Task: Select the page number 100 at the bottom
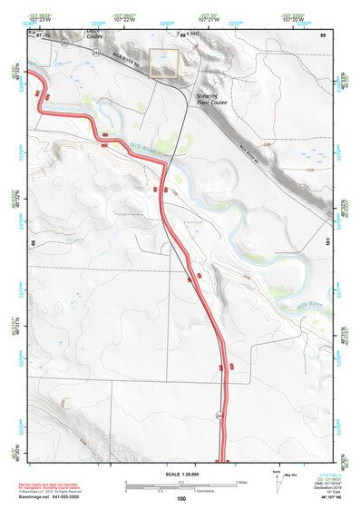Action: (x=181, y=498)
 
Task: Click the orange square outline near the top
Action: (x=162, y=62)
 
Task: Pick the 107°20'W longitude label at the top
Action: (x=292, y=19)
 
